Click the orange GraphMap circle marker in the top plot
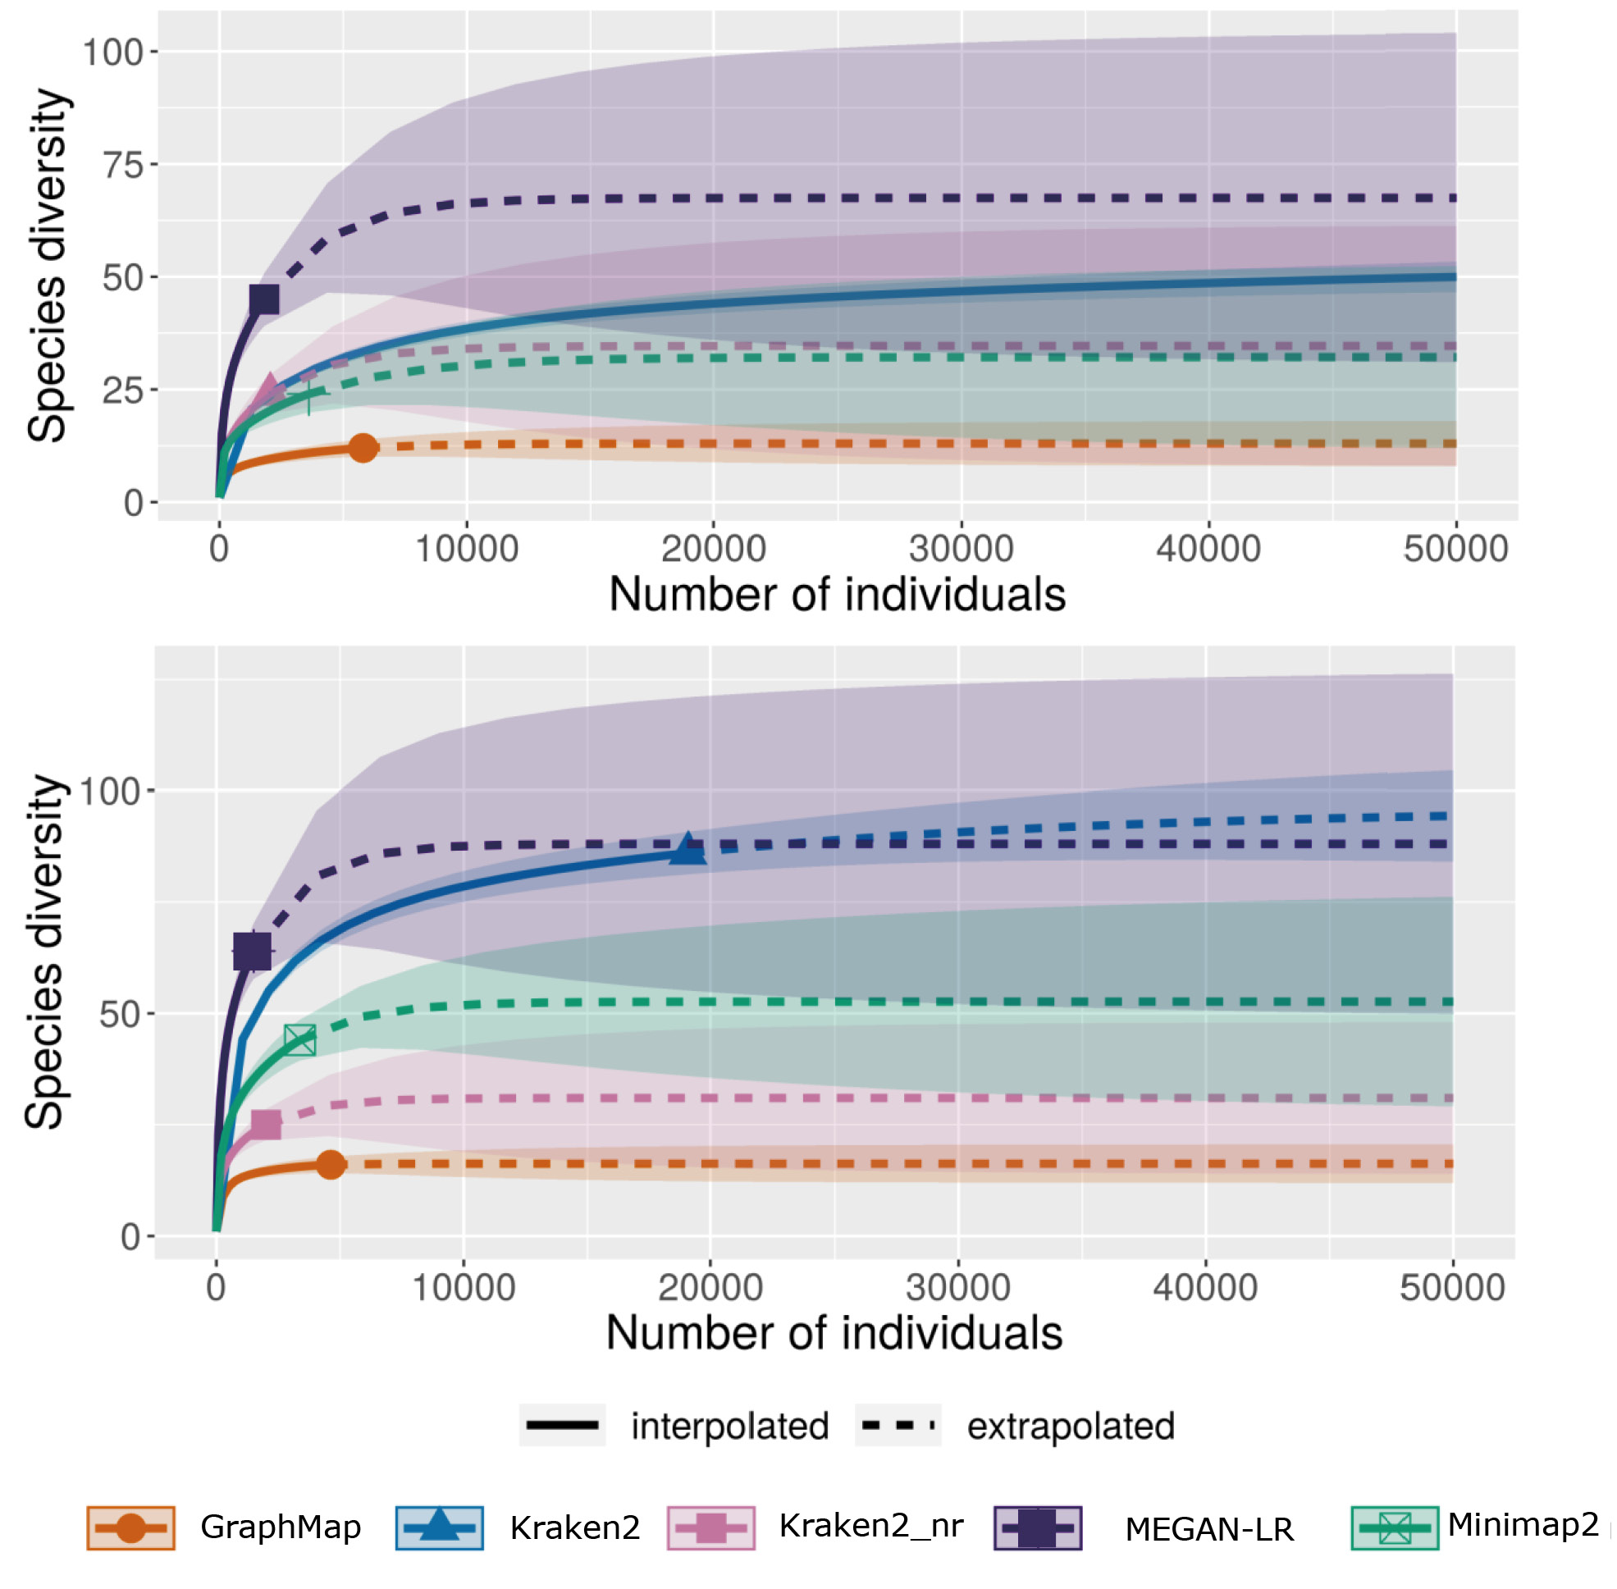click(363, 447)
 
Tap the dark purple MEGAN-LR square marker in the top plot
click(264, 299)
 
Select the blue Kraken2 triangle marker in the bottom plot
click(687, 849)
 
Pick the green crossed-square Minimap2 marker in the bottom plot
click(299, 1040)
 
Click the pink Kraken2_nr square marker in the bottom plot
click(266, 1124)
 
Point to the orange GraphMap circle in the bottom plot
click(331, 1163)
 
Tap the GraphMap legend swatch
click(130, 1528)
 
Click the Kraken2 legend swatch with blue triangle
click(439, 1528)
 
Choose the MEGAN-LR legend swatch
click(1037, 1528)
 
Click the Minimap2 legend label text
click(1523, 1524)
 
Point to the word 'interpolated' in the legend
click(729, 1427)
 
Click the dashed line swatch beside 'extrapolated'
click(898, 1426)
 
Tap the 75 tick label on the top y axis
click(124, 165)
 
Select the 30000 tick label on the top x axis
click(961, 549)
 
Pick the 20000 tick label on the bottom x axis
click(710, 1288)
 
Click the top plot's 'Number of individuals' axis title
click(838, 595)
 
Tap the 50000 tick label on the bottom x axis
click(1452, 1288)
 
